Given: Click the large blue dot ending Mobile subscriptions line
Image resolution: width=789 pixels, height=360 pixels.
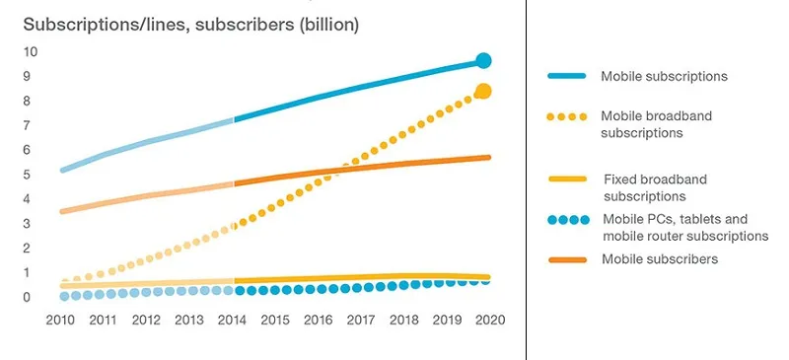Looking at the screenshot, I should [x=483, y=61].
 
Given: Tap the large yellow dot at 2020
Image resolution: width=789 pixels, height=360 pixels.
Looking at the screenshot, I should [x=483, y=92].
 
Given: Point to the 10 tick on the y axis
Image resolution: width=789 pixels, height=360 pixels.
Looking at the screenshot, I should [x=32, y=51].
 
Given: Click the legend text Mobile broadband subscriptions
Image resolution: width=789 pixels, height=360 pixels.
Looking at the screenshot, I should [x=656, y=124].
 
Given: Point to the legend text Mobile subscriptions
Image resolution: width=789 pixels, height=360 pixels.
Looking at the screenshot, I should [x=664, y=76].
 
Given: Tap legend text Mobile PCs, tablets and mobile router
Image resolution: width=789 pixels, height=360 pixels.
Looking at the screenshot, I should [x=683, y=228].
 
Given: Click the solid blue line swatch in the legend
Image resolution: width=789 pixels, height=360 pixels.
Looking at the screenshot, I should [x=567, y=76].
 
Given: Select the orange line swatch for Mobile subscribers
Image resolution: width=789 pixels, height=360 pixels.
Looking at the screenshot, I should [x=567, y=259].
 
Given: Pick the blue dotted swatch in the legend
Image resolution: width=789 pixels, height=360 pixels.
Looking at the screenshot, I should [x=567, y=220].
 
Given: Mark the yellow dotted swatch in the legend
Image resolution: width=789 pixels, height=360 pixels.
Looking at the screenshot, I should [x=567, y=116].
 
